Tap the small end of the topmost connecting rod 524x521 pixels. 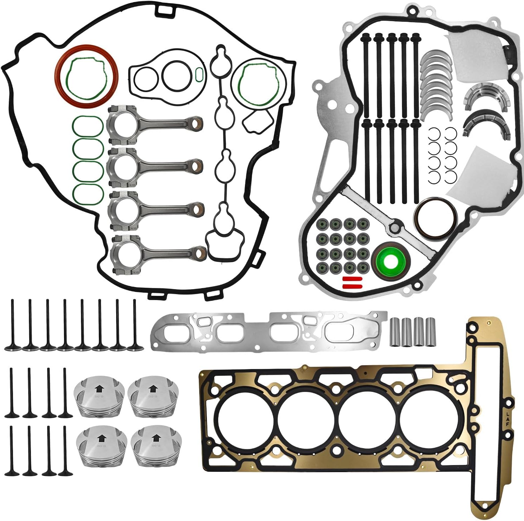click(x=196, y=123)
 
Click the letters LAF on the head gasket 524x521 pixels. click(x=507, y=418)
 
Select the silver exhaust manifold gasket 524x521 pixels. click(x=267, y=331)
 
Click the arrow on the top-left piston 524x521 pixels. click(x=99, y=389)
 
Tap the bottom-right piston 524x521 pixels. click(x=153, y=447)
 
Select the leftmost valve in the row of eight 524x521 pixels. click(x=12, y=325)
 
